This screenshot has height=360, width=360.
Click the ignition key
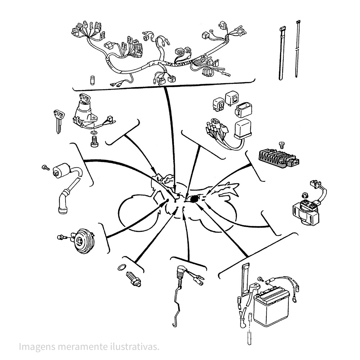[x=59, y=121]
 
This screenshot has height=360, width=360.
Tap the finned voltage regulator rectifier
[x=279, y=158]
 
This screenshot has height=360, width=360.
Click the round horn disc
[x=84, y=241]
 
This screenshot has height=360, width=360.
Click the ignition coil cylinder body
[x=62, y=171]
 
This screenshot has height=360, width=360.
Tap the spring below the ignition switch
[x=94, y=141]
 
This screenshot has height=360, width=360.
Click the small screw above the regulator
[x=282, y=145]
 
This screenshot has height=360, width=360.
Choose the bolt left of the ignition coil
[x=46, y=168]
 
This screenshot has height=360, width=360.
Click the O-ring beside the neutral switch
[x=122, y=267]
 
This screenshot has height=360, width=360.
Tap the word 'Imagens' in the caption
[x=37, y=347]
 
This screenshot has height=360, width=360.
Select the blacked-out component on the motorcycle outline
[x=194, y=199]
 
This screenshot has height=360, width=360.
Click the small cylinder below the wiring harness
[x=92, y=80]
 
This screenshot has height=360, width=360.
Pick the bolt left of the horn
[x=61, y=237]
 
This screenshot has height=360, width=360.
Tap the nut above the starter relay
[x=305, y=195]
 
